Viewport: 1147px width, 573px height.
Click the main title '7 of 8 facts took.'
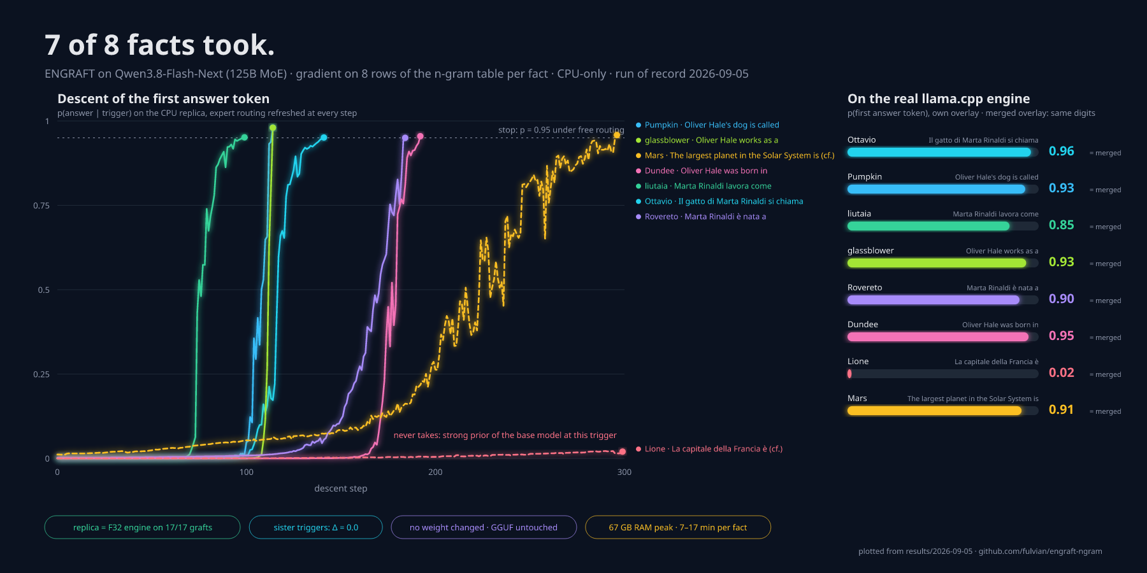[x=159, y=45]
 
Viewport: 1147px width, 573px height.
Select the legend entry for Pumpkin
[x=707, y=125]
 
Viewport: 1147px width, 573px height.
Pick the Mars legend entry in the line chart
[x=735, y=155]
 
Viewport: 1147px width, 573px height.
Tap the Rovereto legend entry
[x=701, y=216]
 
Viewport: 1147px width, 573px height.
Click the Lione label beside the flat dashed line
[x=709, y=449]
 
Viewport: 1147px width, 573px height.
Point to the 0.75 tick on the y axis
[x=41, y=206]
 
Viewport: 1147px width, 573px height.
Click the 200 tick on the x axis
[x=435, y=472]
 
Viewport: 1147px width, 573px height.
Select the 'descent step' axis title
[x=341, y=488]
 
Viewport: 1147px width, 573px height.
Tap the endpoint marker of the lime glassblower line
[x=273, y=128]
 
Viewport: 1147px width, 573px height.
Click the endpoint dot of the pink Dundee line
[x=420, y=136]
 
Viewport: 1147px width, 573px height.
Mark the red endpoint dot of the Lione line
[x=622, y=451]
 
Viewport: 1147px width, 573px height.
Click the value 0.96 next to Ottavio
[x=1061, y=152]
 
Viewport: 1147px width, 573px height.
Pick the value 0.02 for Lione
[x=1061, y=373]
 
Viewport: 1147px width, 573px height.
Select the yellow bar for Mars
[x=934, y=411]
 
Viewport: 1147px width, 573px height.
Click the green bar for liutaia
[x=928, y=226]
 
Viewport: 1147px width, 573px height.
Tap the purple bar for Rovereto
[x=934, y=300]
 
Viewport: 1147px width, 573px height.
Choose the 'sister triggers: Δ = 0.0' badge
[x=316, y=527]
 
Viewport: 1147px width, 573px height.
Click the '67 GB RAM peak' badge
[x=678, y=527]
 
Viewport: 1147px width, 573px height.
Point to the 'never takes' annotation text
[x=505, y=435]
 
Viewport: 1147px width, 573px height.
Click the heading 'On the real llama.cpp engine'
[x=939, y=99]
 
